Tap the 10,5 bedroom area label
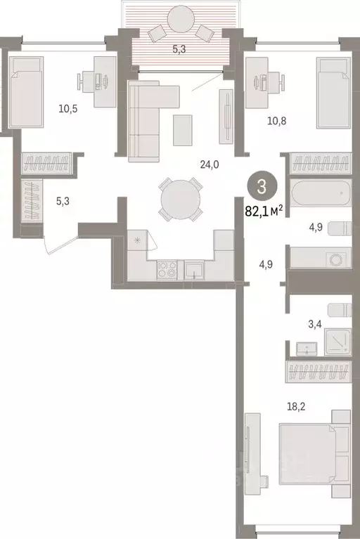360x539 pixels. [68, 109]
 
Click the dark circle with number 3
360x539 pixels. [262, 187]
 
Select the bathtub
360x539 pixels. [319, 191]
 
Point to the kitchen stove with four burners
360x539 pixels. [167, 268]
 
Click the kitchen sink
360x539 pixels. [193, 269]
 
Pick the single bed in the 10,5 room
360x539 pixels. [27, 95]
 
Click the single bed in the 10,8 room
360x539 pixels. [333, 93]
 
